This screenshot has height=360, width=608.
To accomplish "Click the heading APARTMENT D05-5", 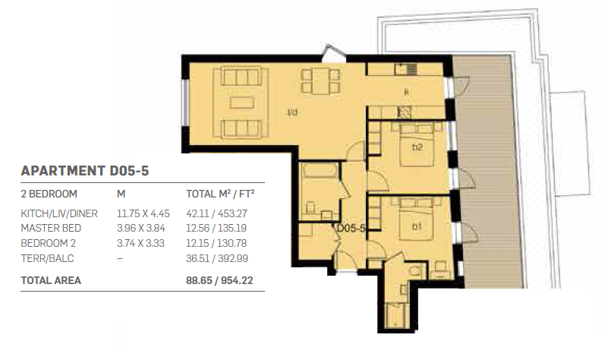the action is click(x=84, y=171).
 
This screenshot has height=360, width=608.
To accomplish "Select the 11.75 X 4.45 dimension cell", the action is click(x=143, y=213).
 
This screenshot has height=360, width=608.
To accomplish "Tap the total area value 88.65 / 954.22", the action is click(x=219, y=280).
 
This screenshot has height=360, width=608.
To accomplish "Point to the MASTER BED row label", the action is click(x=51, y=228).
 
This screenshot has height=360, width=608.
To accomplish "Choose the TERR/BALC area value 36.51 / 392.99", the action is click(x=217, y=258).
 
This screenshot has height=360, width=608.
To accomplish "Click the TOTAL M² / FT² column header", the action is click(x=220, y=193).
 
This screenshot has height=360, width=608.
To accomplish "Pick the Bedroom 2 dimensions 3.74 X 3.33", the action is click(x=140, y=243).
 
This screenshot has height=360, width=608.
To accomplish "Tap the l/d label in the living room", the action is click(x=292, y=112).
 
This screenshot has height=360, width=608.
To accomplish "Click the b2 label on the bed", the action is click(x=417, y=147).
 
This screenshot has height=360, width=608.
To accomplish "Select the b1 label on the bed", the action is click(x=416, y=226).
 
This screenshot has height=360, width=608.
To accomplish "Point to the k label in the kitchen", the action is click(x=406, y=92).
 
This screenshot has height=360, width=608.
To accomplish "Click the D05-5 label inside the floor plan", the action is click(x=351, y=228).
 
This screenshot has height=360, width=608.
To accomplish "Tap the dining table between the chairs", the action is click(x=320, y=81).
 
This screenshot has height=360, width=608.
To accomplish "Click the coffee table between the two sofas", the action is click(x=241, y=103).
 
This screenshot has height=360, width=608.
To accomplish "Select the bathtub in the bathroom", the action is click(x=320, y=171).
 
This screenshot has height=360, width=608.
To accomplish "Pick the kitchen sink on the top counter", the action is click(x=405, y=69).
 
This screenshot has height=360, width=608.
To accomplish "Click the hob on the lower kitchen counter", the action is click(x=404, y=112).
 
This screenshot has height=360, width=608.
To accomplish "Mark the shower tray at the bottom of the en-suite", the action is click(x=396, y=315).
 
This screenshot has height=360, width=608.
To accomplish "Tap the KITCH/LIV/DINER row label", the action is click(x=59, y=213).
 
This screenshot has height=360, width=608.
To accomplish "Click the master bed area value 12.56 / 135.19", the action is click(x=216, y=228).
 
